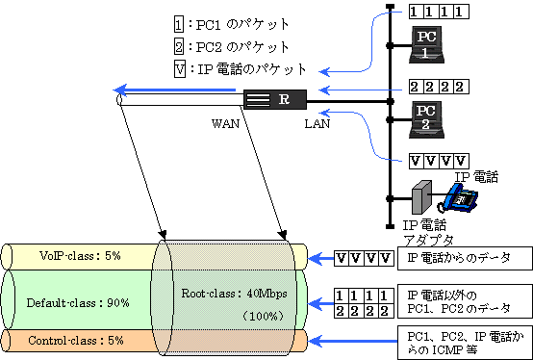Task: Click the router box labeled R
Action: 274,99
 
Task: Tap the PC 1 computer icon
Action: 427,43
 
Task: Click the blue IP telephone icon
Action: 460,197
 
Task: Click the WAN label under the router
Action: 225,125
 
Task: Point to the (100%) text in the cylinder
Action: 260,315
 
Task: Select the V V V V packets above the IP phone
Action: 439,159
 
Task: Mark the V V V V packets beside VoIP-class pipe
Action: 363,258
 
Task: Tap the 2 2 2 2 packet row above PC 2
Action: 439,87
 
